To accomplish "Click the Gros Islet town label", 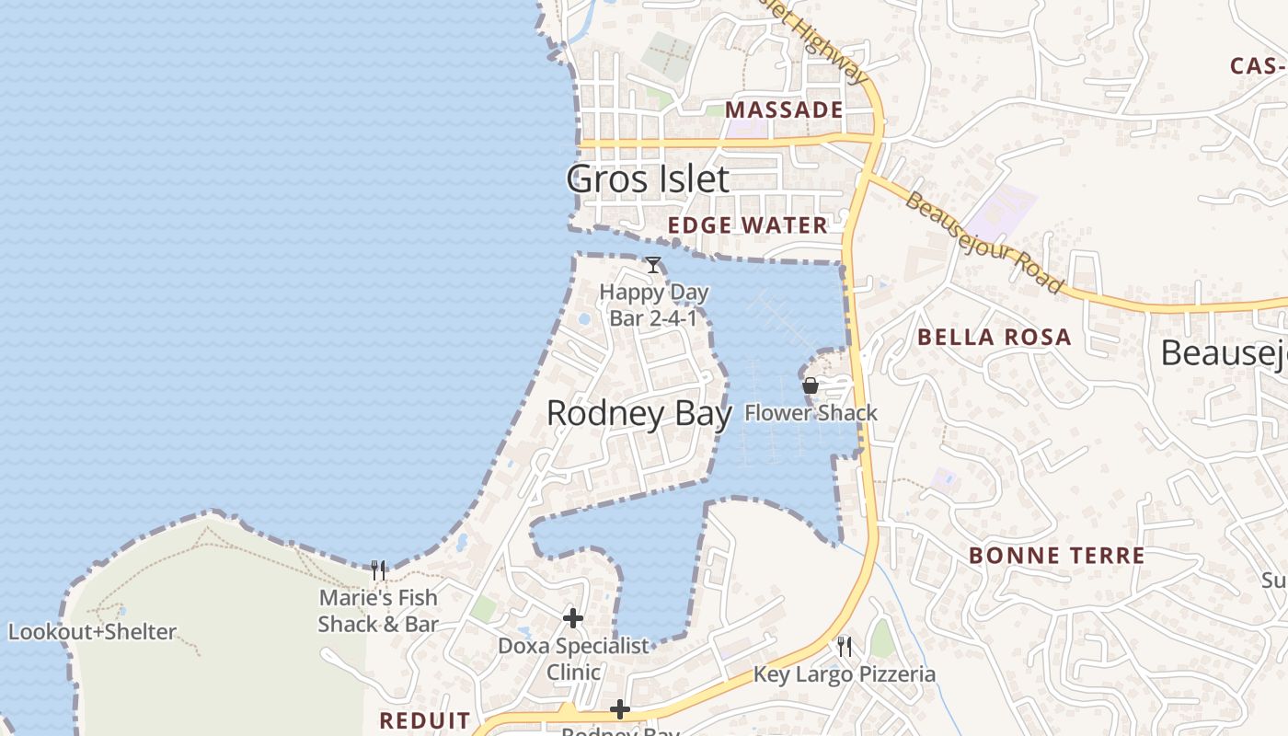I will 648,178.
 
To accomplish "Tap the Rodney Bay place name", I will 638,413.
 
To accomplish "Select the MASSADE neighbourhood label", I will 784,110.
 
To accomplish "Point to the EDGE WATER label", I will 748,225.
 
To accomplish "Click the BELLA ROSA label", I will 995,337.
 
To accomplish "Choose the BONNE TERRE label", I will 1057,556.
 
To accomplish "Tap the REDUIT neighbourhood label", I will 425,720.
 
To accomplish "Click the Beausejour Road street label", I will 983,242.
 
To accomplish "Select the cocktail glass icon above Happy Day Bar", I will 653,265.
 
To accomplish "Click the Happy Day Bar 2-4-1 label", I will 654,305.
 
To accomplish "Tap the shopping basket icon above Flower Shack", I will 811,385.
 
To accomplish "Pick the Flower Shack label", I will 811,413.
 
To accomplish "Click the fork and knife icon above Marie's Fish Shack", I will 378,570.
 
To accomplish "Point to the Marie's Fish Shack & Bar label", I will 378,611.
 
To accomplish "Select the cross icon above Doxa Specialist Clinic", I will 573,618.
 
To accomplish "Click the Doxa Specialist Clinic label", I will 574,659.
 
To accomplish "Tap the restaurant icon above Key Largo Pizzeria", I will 845,647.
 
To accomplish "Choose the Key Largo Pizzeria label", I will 845,674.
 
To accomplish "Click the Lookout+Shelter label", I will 92,632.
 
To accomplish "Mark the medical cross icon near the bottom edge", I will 620,709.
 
